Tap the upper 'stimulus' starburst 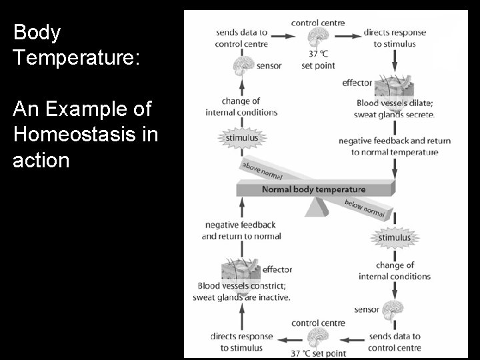[x=241, y=138]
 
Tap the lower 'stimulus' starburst [x=395, y=237]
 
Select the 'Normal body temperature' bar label [x=313, y=189]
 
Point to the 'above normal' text [x=261, y=171]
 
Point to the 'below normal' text [x=364, y=209]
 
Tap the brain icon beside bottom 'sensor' [x=395, y=309]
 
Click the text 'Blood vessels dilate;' [x=395, y=103]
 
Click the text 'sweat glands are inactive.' [x=241, y=297]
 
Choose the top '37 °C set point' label [x=317, y=60]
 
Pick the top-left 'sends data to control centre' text [x=241, y=38]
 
